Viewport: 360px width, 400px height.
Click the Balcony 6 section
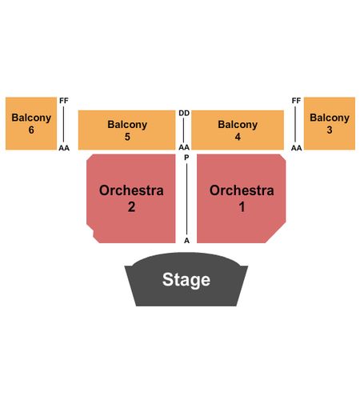click(x=31, y=123)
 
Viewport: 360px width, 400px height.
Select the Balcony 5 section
click(x=126, y=130)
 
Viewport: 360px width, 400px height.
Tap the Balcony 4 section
click(x=238, y=130)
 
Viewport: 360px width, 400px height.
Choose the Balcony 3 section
click(x=330, y=123)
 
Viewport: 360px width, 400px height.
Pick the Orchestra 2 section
click(x=131, y=198)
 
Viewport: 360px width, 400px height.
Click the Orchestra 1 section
click(x=242, y=198)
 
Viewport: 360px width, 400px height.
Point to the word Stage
click(x=186, y=280)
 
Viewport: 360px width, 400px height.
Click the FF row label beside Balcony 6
click(x=64, y=101)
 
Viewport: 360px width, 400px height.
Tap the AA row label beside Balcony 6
click(x=64, y=148)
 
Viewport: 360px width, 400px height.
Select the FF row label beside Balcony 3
click(x=296, y=101)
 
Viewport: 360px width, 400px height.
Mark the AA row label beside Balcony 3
click(x=296, y=148)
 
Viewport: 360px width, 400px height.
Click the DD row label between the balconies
click(x=184, y=114)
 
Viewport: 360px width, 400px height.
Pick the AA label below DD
click(x=184, y=147)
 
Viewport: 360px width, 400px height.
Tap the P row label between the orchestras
click(x=186, y=158)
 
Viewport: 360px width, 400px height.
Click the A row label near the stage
click(x=186, y=241)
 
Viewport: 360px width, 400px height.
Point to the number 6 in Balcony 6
click(x=31, y=130)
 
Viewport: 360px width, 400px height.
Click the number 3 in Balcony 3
click(x=330, y=130)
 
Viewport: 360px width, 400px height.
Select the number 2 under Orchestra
click(x=131, y=207)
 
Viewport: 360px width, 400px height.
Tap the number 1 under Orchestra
click(x=242, y=207)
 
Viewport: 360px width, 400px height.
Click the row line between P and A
click(x=186, y=199)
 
